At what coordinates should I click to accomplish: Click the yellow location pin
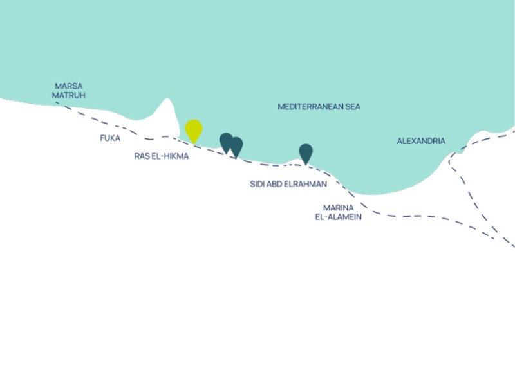(x=194, y=131)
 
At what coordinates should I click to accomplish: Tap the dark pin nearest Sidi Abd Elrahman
(x=306, y=154)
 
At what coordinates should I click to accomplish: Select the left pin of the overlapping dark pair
(x=226, y=142)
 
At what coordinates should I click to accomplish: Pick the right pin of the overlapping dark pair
(x=236, y=147)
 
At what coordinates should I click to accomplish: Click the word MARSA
(x=69, y=86)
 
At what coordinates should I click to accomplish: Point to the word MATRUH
(x=69, y=95)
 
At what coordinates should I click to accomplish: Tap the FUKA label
(x=110, y=138)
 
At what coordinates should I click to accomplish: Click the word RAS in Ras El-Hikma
(x=140, y=156)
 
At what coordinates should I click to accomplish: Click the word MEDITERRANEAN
(x=307, y=107)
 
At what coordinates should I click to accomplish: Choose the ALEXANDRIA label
(x=421, y=141)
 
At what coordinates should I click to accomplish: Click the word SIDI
(x=257, y=184)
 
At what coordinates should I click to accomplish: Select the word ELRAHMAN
(x=305, y=184)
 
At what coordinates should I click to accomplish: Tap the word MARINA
(x=339, y=208)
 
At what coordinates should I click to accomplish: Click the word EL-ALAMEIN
(x=339, y=217)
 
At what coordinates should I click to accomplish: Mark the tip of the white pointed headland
(x=167, y=98)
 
